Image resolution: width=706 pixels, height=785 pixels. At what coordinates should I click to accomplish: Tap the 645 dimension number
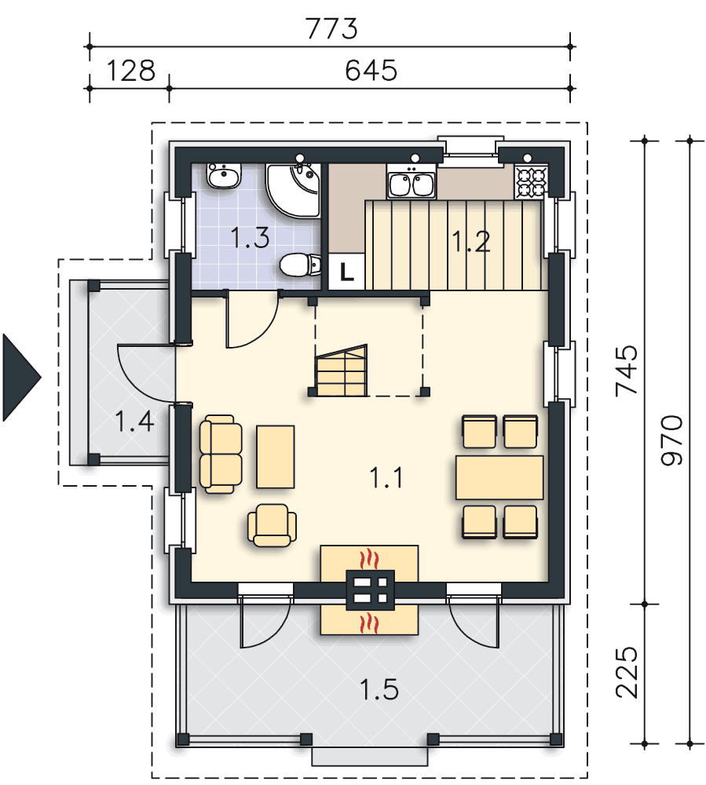pyautogui.click(x=371, y=71)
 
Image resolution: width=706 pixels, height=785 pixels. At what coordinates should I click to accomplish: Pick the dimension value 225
pyautogui.click(x=628, y=674)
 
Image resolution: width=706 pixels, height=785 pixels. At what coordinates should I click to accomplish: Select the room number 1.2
pyautogui.click(x=471, y=241)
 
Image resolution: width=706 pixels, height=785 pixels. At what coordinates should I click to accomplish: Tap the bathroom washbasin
pyautogui.click(x=222, y=177)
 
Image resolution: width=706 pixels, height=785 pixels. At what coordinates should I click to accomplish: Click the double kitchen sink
pyautogui.click(x=412, y=185)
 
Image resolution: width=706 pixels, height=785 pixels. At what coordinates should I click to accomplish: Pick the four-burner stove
pyautogui.click(x=530, y=184)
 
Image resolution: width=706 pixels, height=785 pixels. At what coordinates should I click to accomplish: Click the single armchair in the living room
pyautogui.click(x=273, y=524)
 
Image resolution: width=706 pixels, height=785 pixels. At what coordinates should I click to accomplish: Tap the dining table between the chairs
pyautogui.click(x=499, y=477)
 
